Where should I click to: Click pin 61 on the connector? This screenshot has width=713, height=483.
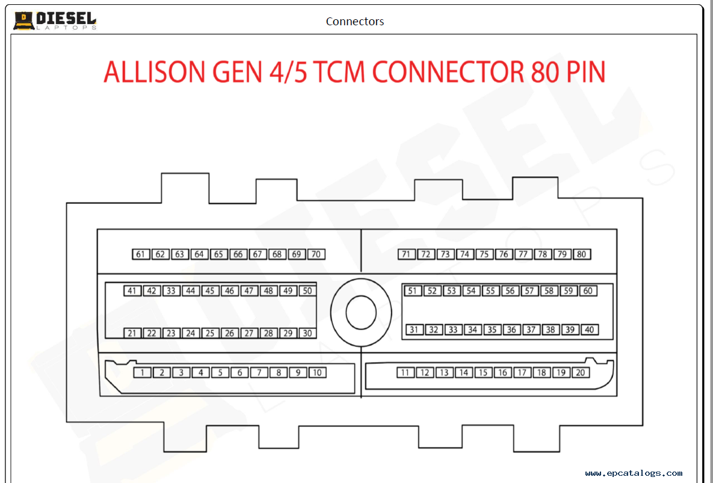(x=141, y=254)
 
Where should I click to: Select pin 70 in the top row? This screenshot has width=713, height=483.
(x=316, y=254)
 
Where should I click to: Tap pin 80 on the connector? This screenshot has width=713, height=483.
(x=582, y=254)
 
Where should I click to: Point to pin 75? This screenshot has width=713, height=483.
(x=484, y=254)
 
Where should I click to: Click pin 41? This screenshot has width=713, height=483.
(x=132, y=291)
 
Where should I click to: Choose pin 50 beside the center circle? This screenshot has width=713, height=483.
(x=307, y=291)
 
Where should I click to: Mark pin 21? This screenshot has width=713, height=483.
(x=132, y=333)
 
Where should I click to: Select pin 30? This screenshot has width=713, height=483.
(x=307, y=333)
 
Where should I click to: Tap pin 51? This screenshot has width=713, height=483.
(x=412, y=291)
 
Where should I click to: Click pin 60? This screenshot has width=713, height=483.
(x=588, y=291)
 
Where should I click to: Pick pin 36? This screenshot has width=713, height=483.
(x=511, y=330)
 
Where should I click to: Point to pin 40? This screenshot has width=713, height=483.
(x=590, y=330)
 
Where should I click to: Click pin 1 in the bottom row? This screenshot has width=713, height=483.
(x=142, y=373)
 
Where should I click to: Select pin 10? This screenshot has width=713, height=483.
(x=317, y=373)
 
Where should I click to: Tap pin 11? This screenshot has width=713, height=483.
(x=406, y=373)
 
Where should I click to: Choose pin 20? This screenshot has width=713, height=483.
(x=581, y=373)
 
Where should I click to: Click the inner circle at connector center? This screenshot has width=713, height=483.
(x=361, y=312)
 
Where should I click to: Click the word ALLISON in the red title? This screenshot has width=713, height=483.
(x=155, y=72)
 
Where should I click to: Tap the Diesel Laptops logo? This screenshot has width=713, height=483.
(x=55, y=20)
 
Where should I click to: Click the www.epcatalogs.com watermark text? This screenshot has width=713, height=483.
(x=634, y=473)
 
